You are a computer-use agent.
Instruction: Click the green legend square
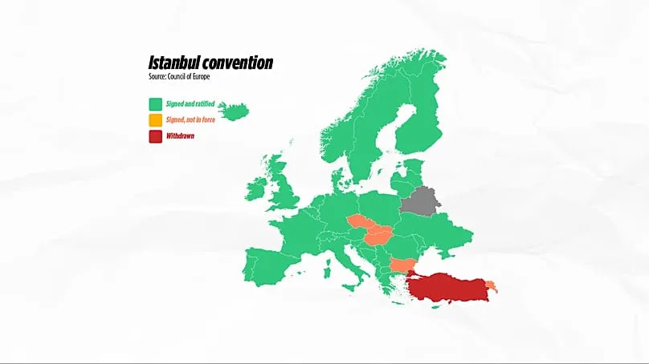154,104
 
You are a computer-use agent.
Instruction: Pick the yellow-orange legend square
154,120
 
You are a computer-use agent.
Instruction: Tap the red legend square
154,136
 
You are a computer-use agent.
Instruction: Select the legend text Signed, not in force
195,120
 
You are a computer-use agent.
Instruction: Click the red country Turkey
450,285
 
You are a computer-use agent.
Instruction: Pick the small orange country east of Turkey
492,285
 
